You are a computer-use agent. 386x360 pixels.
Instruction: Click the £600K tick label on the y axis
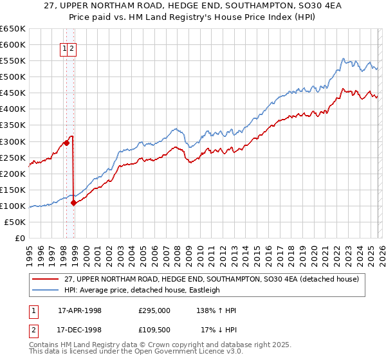(13, 44)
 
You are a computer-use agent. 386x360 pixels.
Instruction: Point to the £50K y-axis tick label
(15, 222)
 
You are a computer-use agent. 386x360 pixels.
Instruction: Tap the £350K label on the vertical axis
(13, 125)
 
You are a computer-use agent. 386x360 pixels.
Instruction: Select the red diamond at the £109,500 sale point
(74, 203)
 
